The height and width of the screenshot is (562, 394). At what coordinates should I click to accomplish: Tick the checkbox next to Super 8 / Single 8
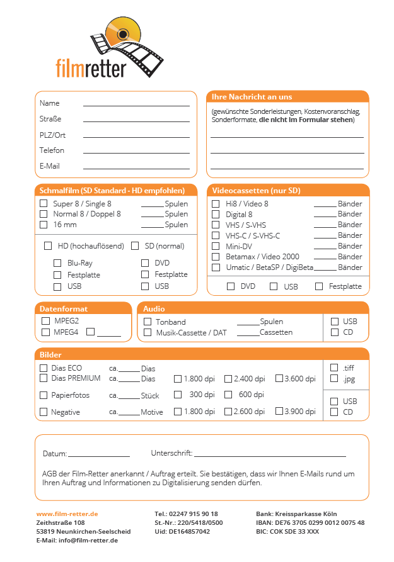43,203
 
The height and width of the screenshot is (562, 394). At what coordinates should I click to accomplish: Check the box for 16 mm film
43,224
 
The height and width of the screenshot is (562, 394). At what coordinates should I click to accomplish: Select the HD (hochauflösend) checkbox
48,245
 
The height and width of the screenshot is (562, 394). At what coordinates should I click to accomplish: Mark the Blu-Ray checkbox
57,262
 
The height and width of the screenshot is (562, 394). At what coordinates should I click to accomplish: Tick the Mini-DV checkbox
216,246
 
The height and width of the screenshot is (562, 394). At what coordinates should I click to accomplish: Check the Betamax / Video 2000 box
216,257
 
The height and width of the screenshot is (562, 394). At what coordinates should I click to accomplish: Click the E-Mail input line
136,167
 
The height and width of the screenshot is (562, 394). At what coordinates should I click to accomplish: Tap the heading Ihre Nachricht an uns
252,97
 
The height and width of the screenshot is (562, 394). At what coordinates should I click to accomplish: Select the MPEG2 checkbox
45,320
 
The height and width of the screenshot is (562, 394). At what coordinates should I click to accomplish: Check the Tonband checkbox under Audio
148,322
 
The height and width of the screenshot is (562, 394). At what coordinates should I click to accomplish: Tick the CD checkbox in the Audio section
335,332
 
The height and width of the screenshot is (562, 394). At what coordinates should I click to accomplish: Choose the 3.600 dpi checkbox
279,378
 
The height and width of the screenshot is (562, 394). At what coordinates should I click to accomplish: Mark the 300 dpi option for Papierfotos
178,395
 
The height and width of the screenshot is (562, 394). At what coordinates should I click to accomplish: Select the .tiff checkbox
335,368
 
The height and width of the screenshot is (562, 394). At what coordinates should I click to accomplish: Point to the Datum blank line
98,454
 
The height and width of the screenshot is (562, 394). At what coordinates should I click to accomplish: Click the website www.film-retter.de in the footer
67,514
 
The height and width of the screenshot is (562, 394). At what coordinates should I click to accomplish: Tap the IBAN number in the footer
319,523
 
